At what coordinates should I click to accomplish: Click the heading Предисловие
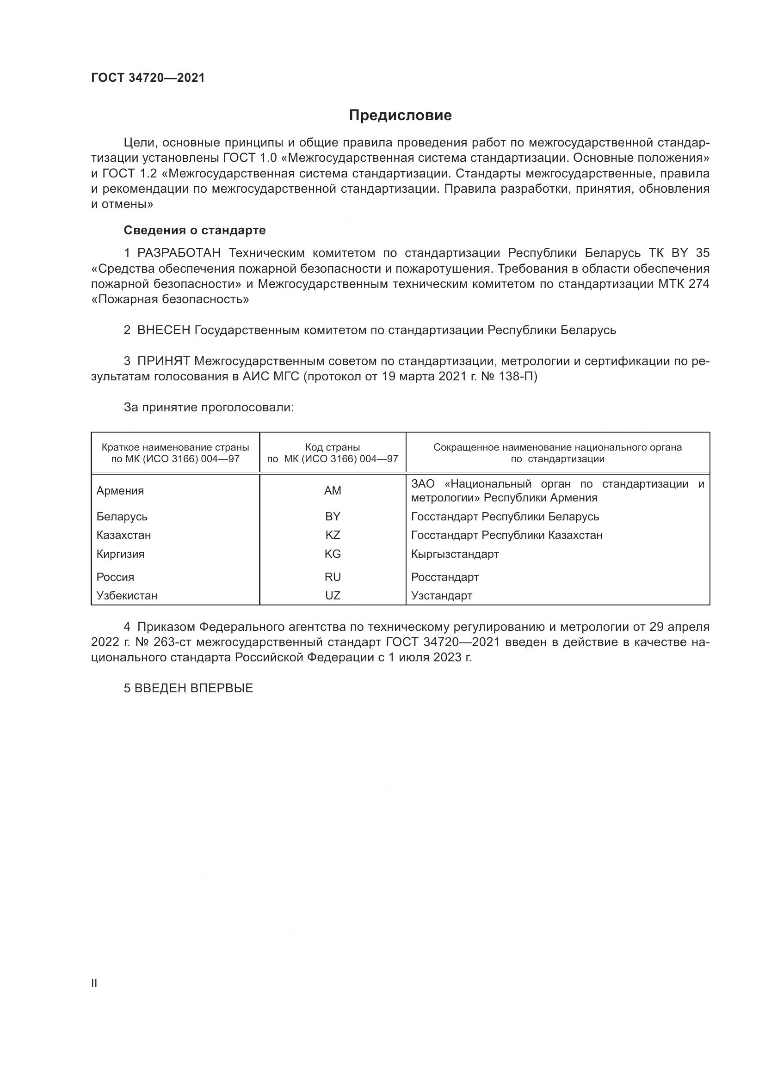[401, 116]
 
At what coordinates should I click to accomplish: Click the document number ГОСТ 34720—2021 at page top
[148, 78]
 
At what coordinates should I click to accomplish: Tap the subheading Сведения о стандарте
[195, 230]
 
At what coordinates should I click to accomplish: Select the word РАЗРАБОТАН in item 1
[179, 253]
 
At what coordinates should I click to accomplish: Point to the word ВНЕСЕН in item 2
[163, 330]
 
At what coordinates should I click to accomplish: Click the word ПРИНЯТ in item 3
[163, 361]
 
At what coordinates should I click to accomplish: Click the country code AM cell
[333, 491]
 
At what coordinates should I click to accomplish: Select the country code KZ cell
[333, 535]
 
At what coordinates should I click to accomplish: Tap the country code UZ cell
[333, 596]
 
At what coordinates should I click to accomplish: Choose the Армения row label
[120, 491]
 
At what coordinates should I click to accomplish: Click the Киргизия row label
[120, 554]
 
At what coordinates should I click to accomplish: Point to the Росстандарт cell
[444, 577]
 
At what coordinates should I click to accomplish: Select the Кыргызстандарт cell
[455, 554]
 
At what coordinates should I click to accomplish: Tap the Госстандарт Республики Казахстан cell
[506, 535]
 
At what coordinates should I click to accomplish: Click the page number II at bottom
[94, 983]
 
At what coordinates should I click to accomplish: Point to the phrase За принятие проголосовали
[209, 407]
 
